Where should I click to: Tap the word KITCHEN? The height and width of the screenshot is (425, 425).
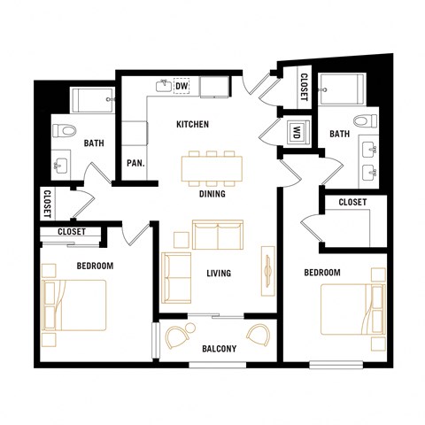pos(192,125)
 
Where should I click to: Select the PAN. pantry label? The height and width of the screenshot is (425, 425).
pos(135,163)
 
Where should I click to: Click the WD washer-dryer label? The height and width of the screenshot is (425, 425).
pos(295,134)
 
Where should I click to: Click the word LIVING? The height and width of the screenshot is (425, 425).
pos(218,274)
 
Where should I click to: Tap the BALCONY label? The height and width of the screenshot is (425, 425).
pos(217,349)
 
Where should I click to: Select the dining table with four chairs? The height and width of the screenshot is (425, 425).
pos(211,167)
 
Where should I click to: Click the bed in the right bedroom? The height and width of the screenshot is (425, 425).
pos(353,310)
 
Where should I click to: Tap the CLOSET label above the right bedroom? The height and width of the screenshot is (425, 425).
pos(352,203)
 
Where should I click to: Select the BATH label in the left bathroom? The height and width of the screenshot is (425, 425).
pos(94,143)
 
